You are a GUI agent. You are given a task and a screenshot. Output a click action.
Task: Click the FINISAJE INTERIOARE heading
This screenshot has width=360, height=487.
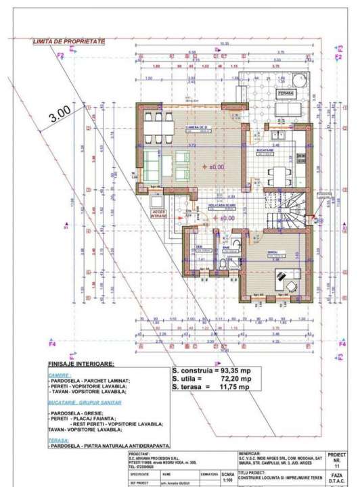pyautogui.click(x=80, y=364)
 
